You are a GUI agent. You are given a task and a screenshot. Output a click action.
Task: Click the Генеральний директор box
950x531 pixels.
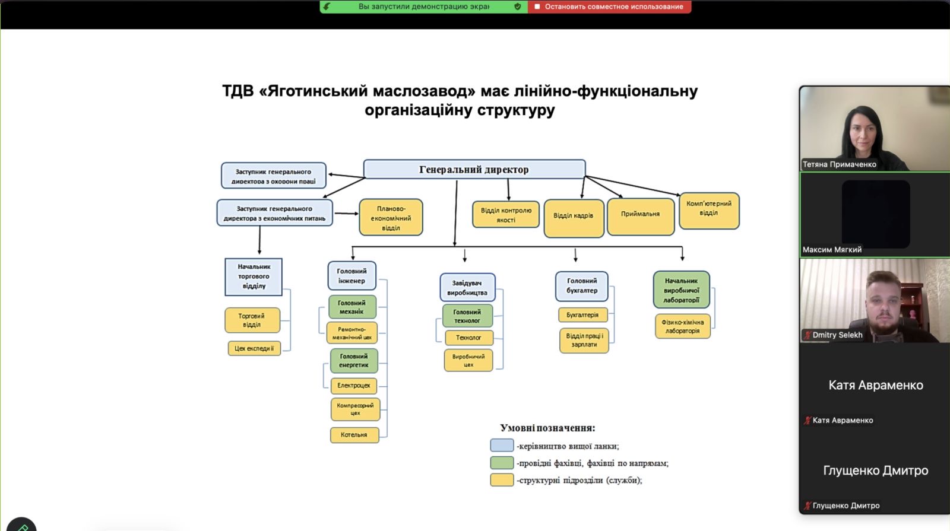[x=474, y=169]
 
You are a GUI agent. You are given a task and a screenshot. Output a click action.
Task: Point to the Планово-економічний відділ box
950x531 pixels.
[x=391, y=218]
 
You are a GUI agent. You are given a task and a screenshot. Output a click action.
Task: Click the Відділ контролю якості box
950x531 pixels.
[x=506, y=215]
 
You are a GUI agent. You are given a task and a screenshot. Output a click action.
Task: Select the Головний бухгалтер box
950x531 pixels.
[x=582, y=286]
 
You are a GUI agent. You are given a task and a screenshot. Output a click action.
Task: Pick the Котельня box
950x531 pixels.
[x=354, y=435]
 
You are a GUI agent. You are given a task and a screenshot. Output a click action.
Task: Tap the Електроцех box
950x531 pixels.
[x=354, y=386]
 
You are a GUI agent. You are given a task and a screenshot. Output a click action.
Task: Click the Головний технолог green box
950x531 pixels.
[x=467, y=316]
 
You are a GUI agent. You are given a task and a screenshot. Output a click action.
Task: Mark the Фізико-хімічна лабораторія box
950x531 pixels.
[x=682, y=327]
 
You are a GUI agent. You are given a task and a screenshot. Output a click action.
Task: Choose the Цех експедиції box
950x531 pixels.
[x=254, y=348]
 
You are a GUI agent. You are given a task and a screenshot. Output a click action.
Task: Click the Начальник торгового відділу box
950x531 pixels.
[x=254, y=276]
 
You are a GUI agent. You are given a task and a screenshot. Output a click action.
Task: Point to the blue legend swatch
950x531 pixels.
[x=502, y=446]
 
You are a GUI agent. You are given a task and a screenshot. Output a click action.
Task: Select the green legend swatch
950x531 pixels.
[x=502, y=463]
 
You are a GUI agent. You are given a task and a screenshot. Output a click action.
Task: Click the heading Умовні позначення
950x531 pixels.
[x=547, y=428]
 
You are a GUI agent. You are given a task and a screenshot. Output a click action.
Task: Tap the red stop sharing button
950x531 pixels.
[x=609, y=7]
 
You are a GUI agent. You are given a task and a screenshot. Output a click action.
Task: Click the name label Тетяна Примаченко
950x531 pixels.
[x=839, y=164]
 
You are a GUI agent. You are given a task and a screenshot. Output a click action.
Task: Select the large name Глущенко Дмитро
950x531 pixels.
[x=875, y=470]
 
